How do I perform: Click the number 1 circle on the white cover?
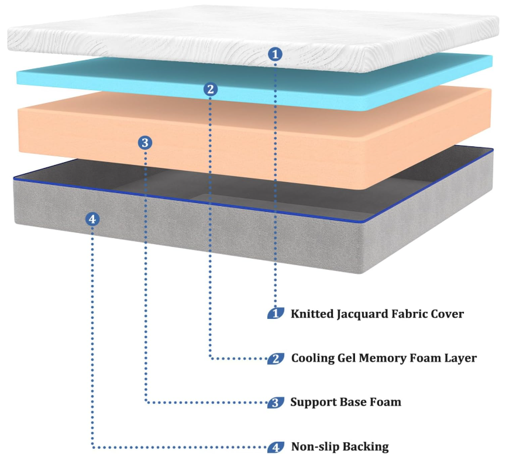[275, 54]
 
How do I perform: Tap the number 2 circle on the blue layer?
[211, 90]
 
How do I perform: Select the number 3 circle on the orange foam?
[145, 142]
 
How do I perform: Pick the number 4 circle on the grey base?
[92, 219]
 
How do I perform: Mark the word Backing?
[366, 447]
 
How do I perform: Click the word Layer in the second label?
[461, 358]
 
